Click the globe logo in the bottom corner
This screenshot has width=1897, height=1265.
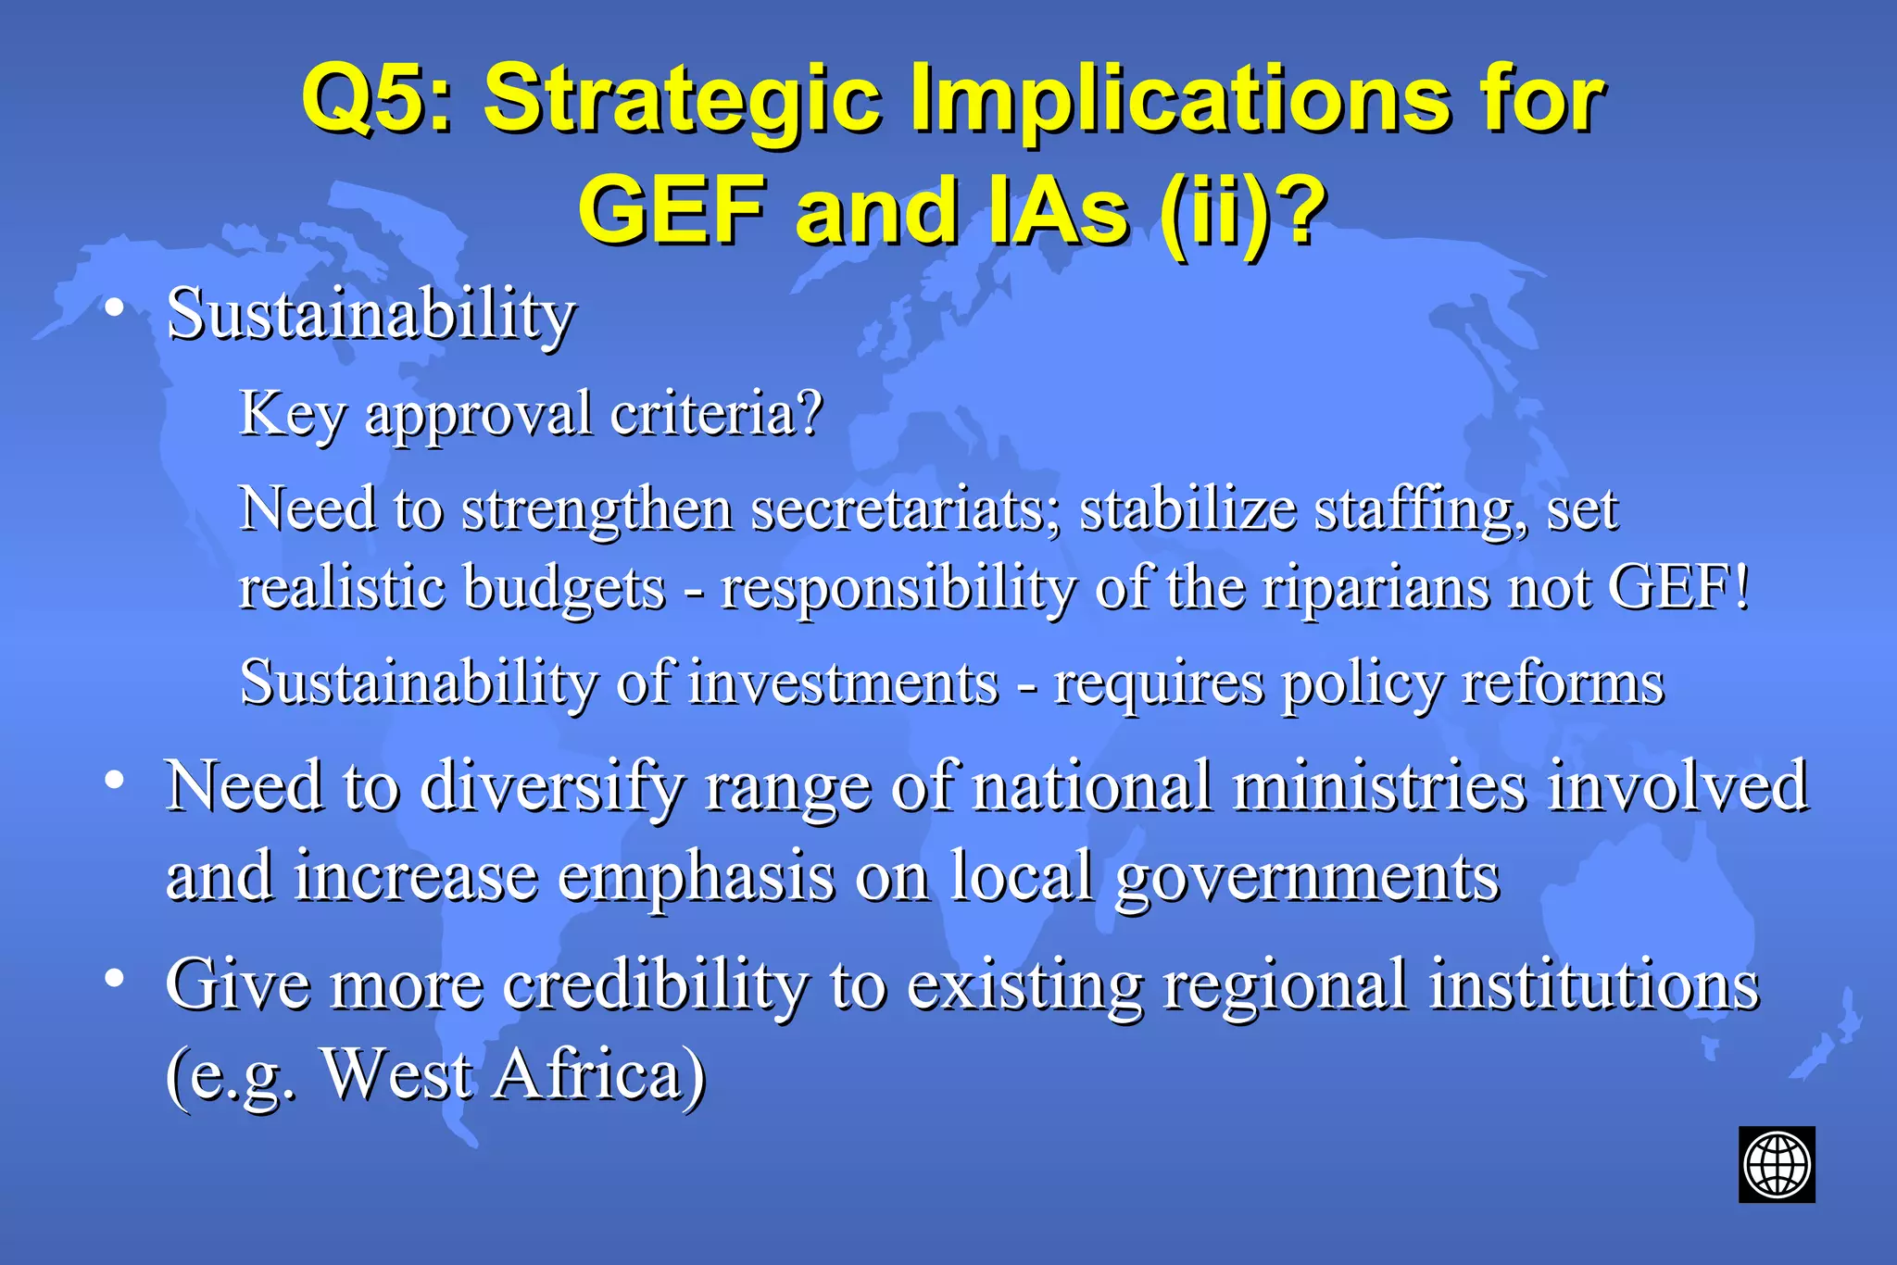click(1776, 1164)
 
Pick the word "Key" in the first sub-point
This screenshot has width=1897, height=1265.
click(293, 413)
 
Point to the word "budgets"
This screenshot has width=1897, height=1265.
click(563, 588)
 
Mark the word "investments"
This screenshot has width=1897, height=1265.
click(843, 683)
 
